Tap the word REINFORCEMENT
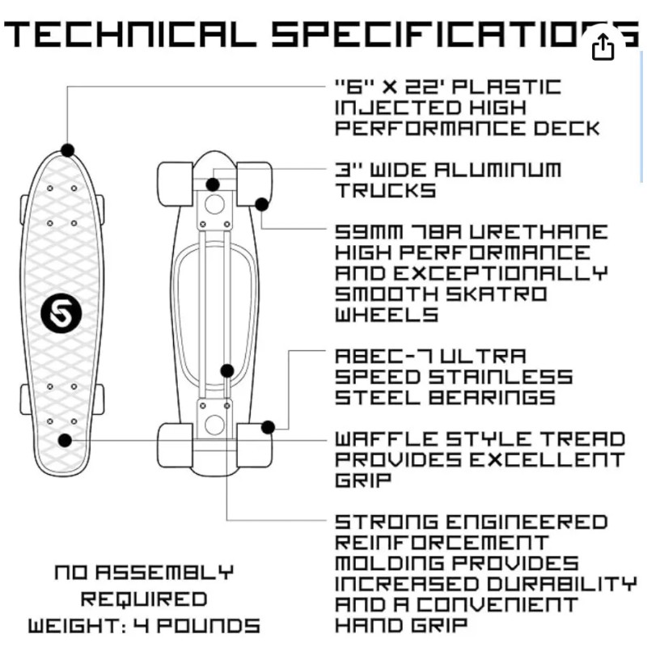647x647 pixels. pos(441,543)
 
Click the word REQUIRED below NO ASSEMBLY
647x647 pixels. pos(143,599)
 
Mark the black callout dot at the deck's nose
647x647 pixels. pos(67,150)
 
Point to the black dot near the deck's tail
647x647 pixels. pos(66,440)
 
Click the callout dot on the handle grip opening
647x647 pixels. pos(227,370)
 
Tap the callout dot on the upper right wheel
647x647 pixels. pos(261,205)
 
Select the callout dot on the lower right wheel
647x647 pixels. pos(269,427)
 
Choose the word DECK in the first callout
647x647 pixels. pos(569,128)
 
